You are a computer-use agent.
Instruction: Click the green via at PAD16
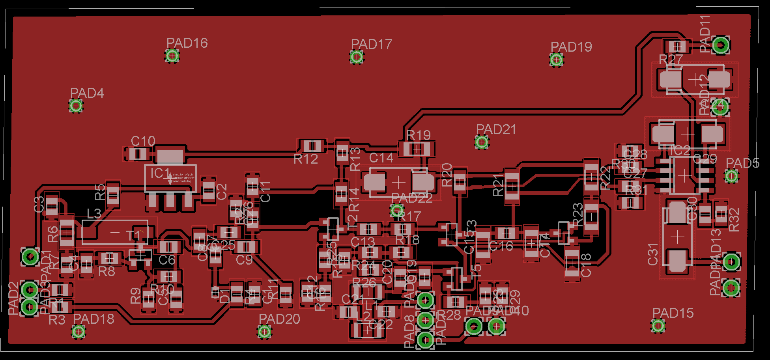(x=172, y=56)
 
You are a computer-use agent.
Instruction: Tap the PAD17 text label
(x=372, y=44)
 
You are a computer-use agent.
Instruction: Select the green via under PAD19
(x=556, y=60)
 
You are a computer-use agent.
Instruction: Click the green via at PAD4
(x=76, y=106)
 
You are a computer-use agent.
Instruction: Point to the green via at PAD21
(x=482, y=142)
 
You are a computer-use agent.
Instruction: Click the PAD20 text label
(x=279, y=319)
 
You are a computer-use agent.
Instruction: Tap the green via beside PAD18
(x=78, y=332)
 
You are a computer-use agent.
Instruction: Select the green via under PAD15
(x=658, y=326)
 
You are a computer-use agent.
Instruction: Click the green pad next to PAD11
(x=721, y=45)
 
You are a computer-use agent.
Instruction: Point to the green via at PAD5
(x=731, y=176)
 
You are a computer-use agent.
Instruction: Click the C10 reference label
(x=143, y=141)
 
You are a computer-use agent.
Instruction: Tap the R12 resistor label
(x=306, y=159)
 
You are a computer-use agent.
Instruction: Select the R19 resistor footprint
(x=417, y=149)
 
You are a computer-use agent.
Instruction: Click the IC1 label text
(x=160, y=173)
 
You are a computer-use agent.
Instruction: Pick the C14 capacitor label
(x=381, y=158)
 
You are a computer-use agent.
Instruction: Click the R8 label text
(x=107, y=272)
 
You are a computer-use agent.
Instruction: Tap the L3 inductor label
(x=94, y=214)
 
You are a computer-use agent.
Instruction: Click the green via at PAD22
(x=397, y=210)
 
